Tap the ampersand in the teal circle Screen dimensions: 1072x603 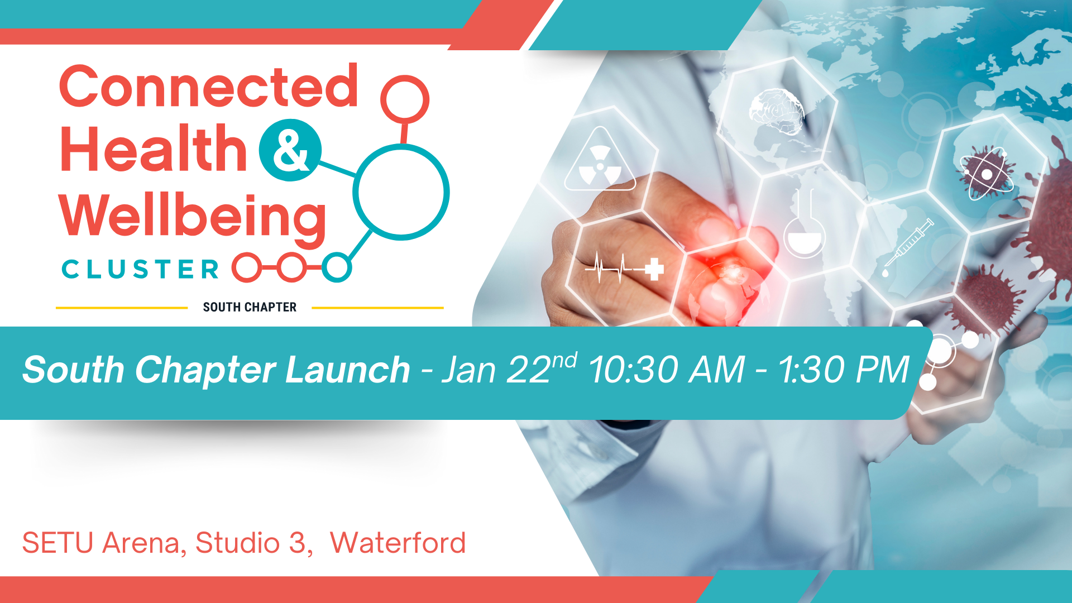click(x=290, y=150)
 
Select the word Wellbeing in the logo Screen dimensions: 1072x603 click(x=193, y=218)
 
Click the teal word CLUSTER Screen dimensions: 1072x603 click(x=140, y=270)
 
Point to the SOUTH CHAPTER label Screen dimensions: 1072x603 click(x=250, y=307)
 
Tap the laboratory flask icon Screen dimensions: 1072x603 click(x=805, y=223)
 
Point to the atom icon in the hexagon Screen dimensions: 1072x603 click(x=987, y=173)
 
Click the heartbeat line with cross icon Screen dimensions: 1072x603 click(x=624, y=267)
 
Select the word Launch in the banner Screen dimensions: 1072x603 click(x=347, y=370)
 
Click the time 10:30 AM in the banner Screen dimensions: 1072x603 click(x=667, y=370)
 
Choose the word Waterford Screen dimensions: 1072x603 click(x=398, y=543)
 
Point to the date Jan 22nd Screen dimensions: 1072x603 click(x=509, y=368)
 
